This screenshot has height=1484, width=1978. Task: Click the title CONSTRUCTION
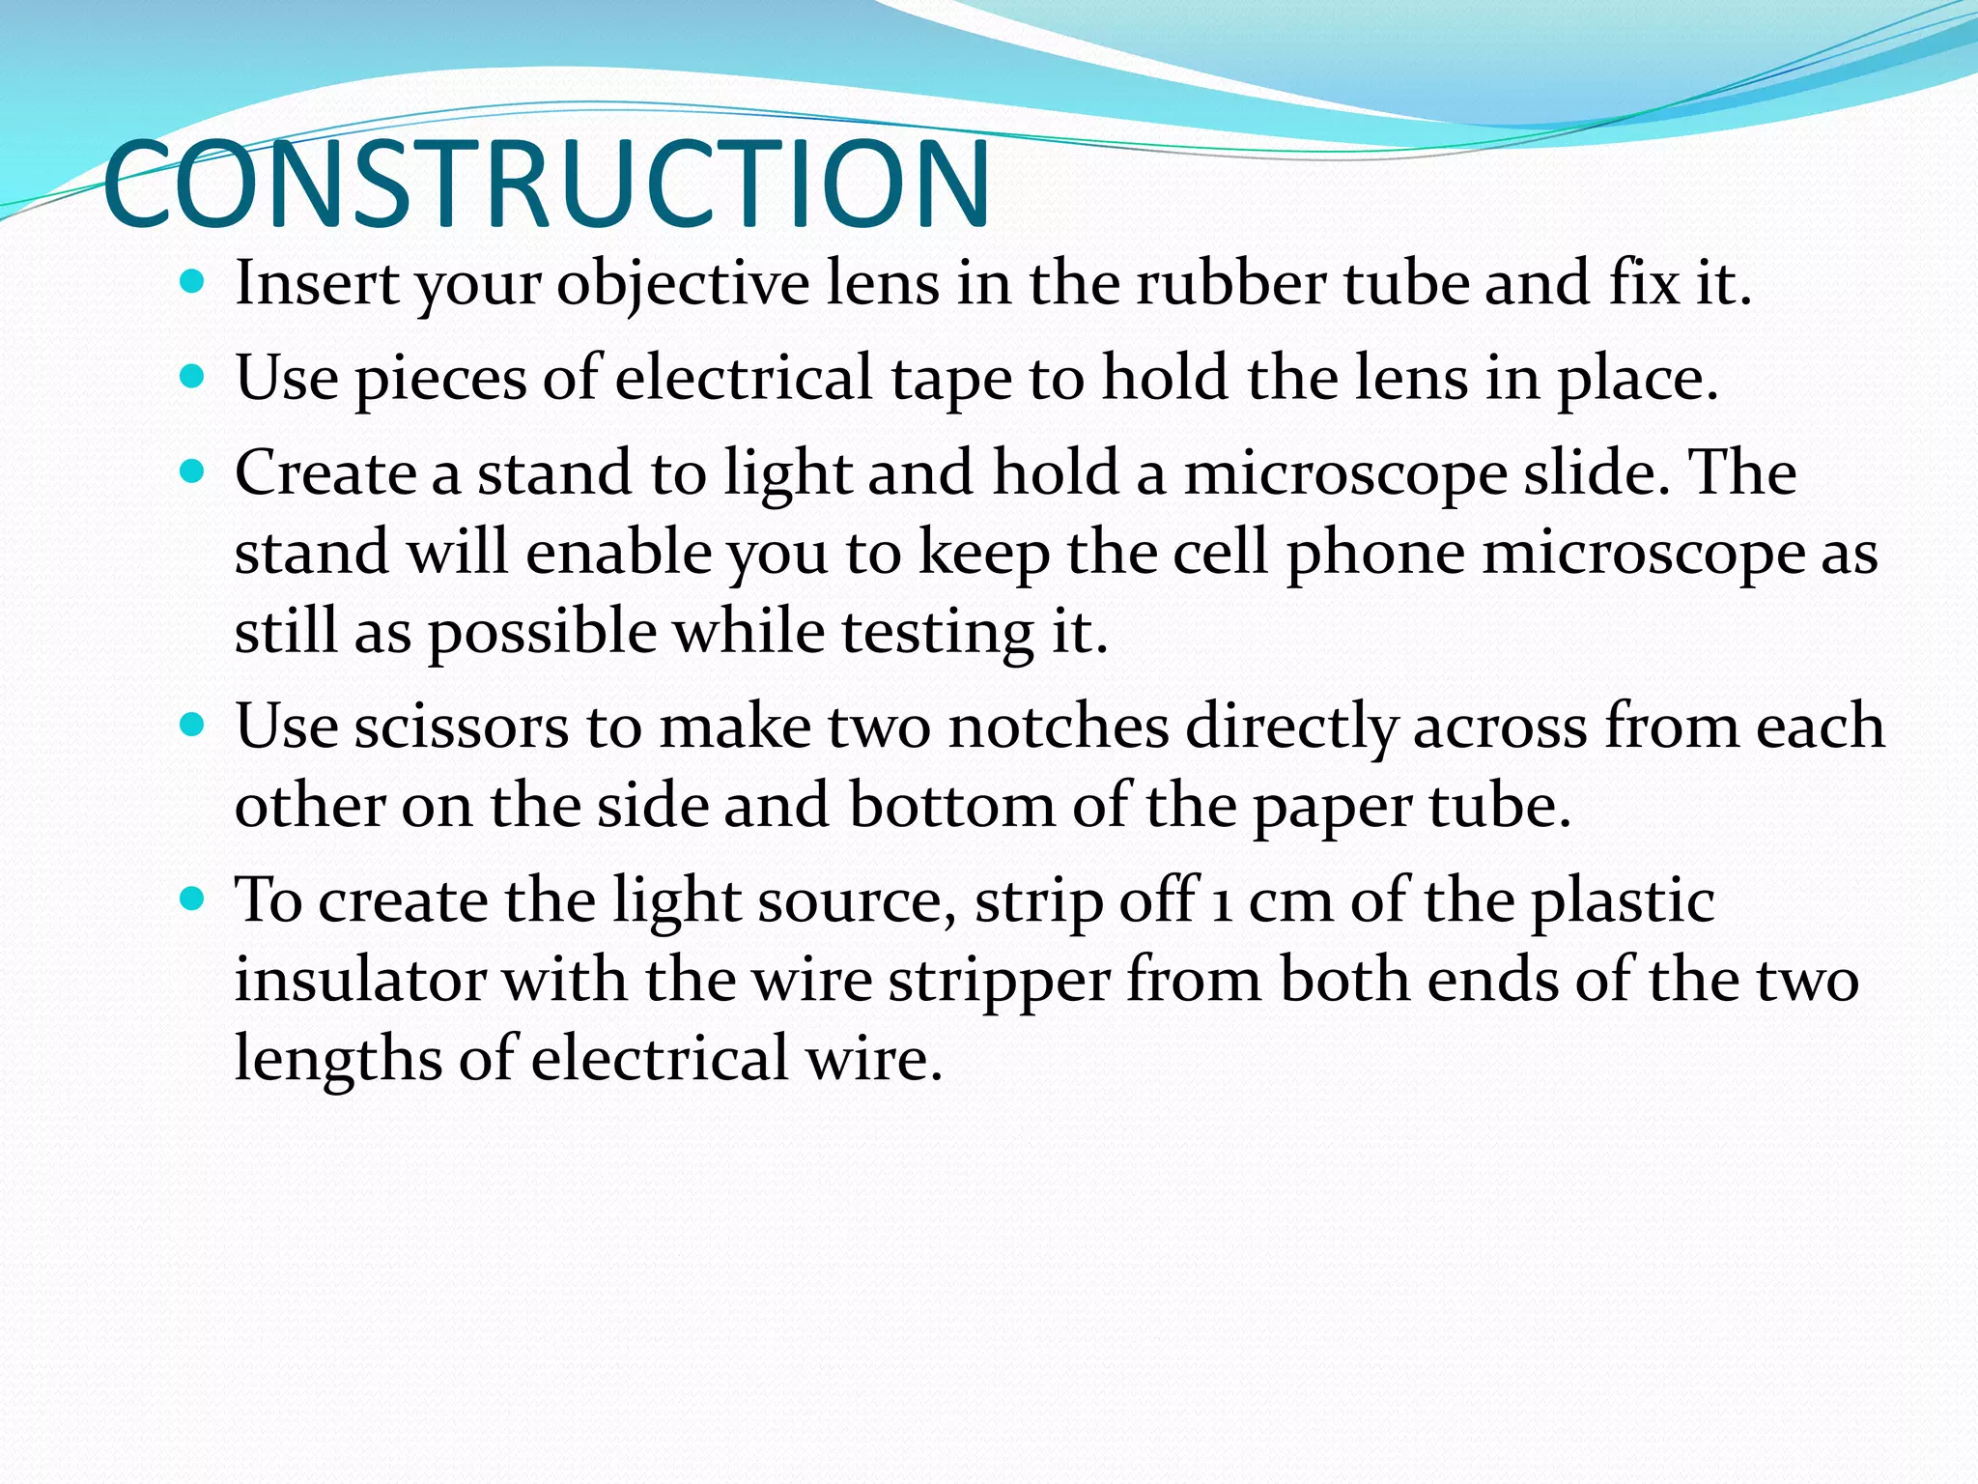(547, 184)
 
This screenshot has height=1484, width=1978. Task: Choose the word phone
(1375, 554)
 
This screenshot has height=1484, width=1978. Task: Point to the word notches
(1059, 727)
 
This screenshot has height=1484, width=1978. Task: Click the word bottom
(952, 806)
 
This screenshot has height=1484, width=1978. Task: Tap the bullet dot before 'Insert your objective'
(193, 282)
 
